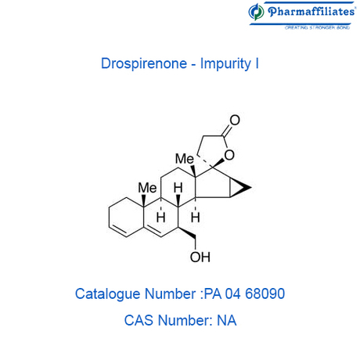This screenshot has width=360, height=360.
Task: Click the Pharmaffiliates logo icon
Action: [256, 12]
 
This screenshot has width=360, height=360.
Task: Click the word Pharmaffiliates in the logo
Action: [311, 12]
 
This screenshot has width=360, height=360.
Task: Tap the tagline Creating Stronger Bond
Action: [317, 27]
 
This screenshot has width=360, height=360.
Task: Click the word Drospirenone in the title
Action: [144, 63]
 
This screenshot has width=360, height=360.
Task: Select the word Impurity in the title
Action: [225, 64]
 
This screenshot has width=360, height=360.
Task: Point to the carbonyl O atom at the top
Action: [235, 120]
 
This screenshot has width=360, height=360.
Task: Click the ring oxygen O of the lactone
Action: [229, 155]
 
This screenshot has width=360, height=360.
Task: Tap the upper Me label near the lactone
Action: [185, 159]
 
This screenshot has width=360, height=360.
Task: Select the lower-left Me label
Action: [147, 188]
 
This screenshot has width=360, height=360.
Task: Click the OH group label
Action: [200, 257]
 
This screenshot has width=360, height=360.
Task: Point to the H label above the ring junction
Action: [178, 188]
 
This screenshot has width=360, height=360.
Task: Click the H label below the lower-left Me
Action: [161, 217]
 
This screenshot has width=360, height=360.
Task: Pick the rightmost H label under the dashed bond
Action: [196, 217]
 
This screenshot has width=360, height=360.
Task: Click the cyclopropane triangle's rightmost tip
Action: [251, 187]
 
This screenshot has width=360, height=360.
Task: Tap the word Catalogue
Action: [108, 294]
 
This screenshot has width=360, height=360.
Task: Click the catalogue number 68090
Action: [265, 293]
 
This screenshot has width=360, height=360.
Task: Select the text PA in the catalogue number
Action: [213, 293]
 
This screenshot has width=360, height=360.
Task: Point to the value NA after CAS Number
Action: [227, 320]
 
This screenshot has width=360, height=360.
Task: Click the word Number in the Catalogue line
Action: [171, 293]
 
